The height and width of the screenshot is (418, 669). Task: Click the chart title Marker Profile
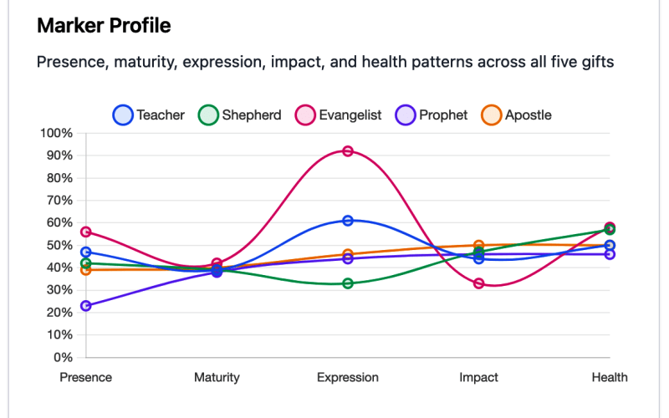point(104,26)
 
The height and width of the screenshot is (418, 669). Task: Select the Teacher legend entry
point(149,115)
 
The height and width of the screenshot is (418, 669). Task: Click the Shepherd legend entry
point(239,115)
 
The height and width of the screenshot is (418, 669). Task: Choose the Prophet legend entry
point(432,115)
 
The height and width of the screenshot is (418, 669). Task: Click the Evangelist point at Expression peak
point(348,151)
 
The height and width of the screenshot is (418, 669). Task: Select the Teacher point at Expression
point(348,221)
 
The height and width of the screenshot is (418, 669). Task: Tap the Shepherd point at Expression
point(348,283)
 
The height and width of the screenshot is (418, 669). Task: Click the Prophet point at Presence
point(86,306)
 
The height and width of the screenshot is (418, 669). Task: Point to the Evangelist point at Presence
point(86,232)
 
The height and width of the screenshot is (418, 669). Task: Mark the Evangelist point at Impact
point(479,283)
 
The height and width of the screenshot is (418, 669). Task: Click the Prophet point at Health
point(610,254)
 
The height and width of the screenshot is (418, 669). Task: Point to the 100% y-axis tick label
point(56,133)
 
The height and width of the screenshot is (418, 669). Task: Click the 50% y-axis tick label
point(59,245)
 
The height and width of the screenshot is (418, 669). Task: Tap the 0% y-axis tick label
point(63,357)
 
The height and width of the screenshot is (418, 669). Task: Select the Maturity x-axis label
point(217,378)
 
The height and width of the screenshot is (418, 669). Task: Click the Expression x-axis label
point(348,378)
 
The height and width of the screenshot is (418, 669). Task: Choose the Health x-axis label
point(610,378)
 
